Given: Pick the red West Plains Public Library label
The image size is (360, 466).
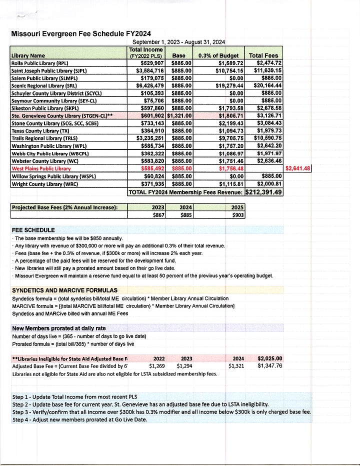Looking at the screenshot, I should pos(40,168).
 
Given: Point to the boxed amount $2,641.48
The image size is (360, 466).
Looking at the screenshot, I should pos(297,168).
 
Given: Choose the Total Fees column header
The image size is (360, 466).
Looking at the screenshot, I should pos(263,55).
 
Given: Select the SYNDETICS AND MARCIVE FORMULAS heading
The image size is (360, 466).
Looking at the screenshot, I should pos(64,290).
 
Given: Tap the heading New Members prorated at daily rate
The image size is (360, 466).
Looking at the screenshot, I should pos(58,328).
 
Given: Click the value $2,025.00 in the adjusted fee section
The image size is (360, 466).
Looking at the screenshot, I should pos(269,358).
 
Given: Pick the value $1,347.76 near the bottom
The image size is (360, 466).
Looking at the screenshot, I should pos(269,366).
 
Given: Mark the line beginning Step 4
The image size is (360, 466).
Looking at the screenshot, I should pos(71,419).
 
